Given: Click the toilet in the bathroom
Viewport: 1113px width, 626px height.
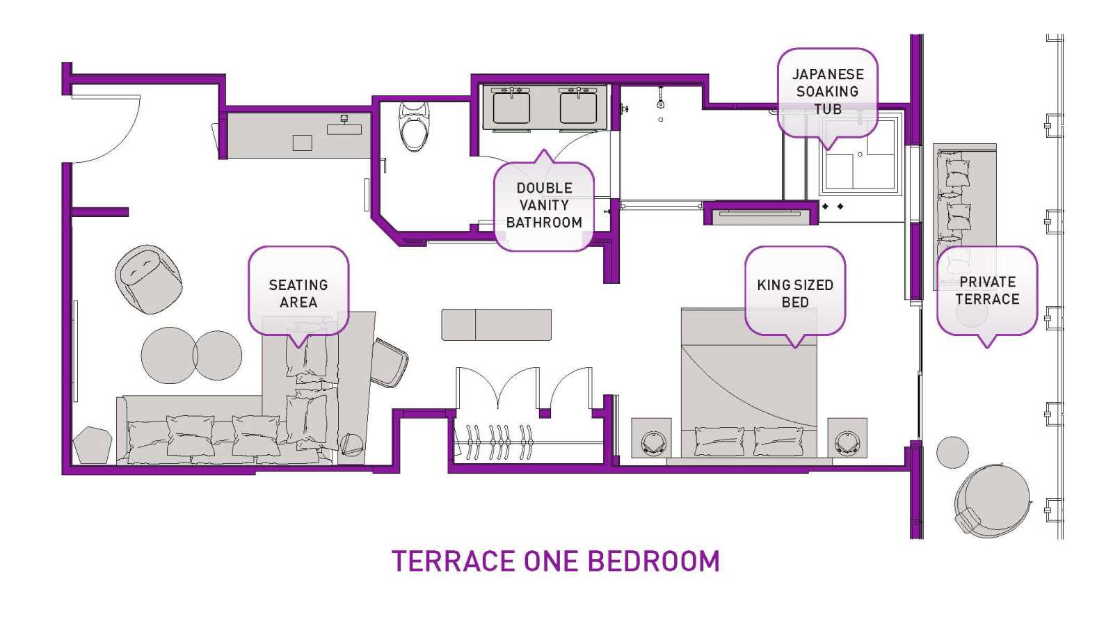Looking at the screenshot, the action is coord(413,127).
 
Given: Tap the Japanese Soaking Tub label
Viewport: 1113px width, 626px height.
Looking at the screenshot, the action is coord(827,92).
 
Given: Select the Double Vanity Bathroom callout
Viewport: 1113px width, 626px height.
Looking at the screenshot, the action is coord(544,204).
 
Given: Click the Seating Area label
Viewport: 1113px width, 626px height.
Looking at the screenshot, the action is coord(298,293).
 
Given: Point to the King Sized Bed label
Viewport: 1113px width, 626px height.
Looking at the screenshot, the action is coord(795,293).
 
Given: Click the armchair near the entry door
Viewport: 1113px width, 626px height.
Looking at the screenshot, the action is coord(148,279).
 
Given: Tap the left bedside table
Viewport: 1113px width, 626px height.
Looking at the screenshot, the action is coord(651,438).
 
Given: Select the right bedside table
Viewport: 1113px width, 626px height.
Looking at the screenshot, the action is coord(847,438).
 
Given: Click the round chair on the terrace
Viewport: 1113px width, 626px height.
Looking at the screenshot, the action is coord(992,501).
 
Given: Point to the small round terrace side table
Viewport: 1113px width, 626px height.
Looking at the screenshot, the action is coord(952,452).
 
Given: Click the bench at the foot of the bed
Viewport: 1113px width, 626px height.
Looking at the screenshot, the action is coord(497,325).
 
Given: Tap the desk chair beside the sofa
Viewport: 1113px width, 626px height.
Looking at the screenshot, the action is coord(389,362).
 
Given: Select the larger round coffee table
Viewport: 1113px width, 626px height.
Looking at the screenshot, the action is coord(169,355).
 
